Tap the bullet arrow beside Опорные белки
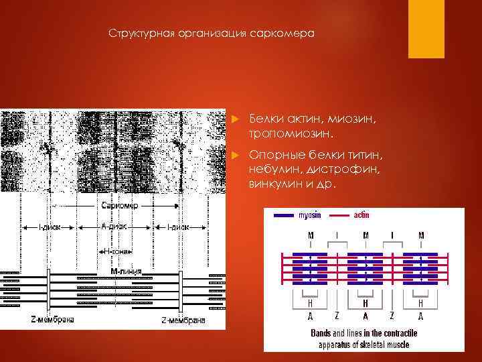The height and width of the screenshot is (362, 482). click(234, 156)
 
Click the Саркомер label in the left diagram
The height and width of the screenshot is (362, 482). click(118, 205)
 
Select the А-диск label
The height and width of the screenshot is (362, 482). click(113, 227)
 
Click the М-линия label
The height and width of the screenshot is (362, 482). click(120, 272)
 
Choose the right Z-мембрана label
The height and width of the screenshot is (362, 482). click(183, 320)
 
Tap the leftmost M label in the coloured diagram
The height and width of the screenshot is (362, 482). click(310, 235)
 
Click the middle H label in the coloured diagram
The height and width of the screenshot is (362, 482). click(366, 303)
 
